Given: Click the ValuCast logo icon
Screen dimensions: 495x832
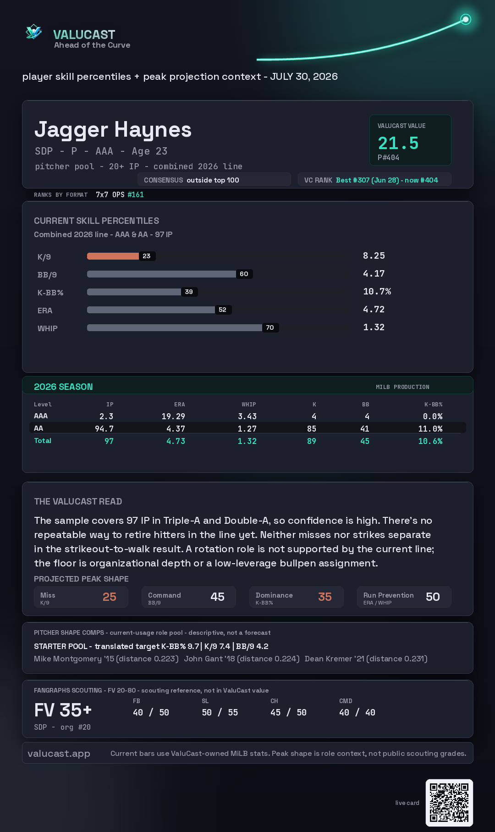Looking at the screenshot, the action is (x=33, y=32).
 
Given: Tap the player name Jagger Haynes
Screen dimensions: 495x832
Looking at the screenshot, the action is (x=113, y=130).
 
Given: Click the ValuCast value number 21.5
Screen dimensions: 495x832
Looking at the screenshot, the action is (x=398, y=143).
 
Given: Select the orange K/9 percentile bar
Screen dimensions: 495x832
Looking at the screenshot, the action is (x=113, y=256).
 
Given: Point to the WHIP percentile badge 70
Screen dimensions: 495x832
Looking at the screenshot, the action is (x=270, y=327).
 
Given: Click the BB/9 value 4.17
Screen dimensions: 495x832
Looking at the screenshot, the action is (x=374, y=274).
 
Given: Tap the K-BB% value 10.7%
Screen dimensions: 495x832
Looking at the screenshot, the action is (x=377, y=292).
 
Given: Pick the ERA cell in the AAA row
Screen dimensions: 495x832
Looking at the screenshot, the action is (x=173, y=416).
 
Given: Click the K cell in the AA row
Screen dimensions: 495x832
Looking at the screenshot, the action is (x=312, y=429).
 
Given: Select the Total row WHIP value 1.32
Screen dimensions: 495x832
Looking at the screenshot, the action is (x=247, y=441).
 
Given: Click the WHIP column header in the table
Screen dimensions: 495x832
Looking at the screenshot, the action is (x=249, y=405).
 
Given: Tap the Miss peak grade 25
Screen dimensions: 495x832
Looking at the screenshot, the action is (x=110, y=597).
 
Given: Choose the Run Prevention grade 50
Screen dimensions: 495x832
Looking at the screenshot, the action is (x=433, y=597).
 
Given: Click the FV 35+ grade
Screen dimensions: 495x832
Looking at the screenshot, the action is (x=63, y=710).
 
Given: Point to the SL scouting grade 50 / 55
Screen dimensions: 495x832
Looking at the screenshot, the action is (x=220, y=713).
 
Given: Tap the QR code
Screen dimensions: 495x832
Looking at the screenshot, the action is (x=449, y=803).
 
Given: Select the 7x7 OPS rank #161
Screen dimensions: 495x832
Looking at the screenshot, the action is (x=136, y=194).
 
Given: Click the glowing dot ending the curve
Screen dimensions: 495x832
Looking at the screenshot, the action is (x=466, y=19).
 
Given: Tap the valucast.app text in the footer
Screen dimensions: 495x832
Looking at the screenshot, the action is (x=59, y=754).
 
